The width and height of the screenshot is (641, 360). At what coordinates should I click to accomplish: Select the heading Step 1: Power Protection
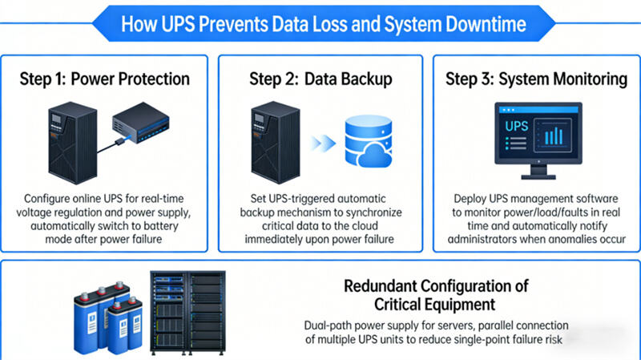pos(105,79)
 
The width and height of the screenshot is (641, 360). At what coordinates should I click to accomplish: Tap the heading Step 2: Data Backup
pos(320,79)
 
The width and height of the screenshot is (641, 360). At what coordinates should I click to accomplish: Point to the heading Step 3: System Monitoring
pos(536,79)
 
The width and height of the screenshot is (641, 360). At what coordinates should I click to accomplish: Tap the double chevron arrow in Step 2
pos(321,144)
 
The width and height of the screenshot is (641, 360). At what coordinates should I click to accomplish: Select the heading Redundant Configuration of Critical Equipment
pos(437,294)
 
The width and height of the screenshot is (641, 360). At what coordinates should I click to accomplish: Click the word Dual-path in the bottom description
pos(330,326)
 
